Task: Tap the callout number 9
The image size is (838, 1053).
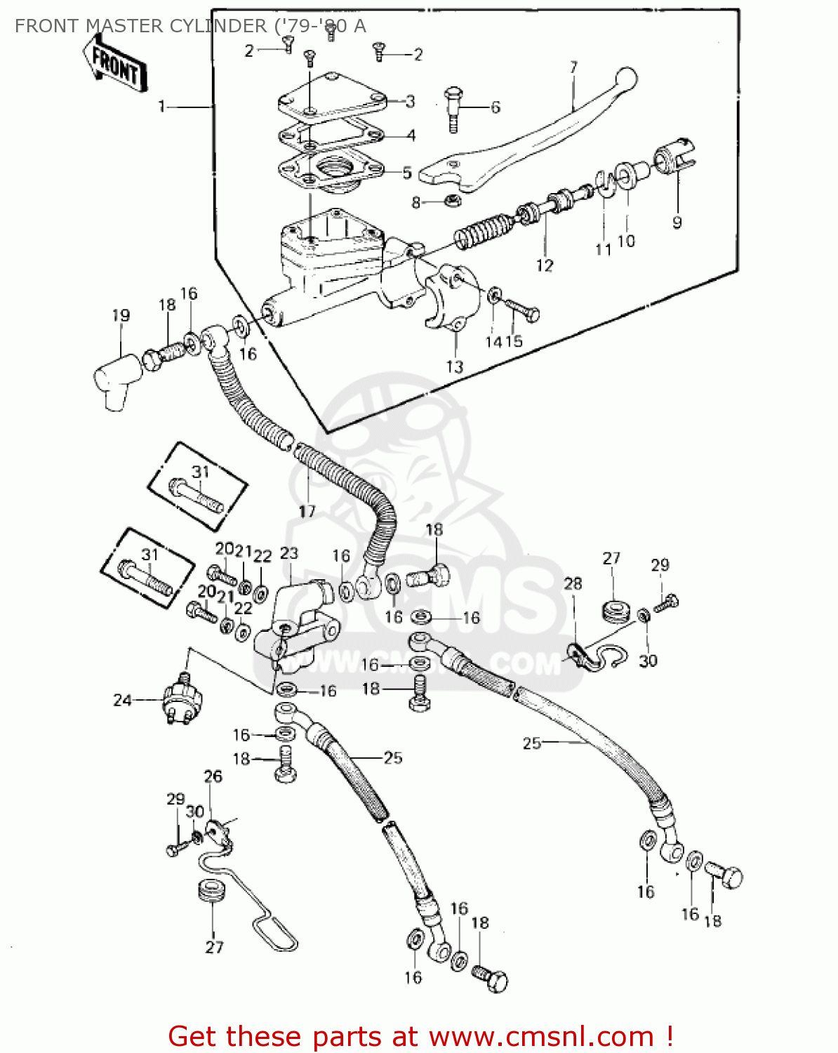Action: pyautogui.click(x=677, y=223)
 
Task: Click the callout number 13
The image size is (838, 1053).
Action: pyautogui.click(x=455, y=366)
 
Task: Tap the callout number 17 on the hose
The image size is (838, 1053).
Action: pyautogui.click(x=307, y=511)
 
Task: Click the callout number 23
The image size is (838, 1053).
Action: pyautogui.click(x=288, y=553)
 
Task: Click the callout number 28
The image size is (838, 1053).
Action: pyautogui.click(x=573, y=583)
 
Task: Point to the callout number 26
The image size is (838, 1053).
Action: pyautogui.click(x=213, y=776)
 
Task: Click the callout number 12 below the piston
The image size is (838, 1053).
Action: pyautogui.click(x=545, y=265)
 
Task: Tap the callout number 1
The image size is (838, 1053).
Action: pyautogui.click(x=161, y=107)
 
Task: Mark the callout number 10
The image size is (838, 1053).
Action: pyautogui.click(x=626, y=241)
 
